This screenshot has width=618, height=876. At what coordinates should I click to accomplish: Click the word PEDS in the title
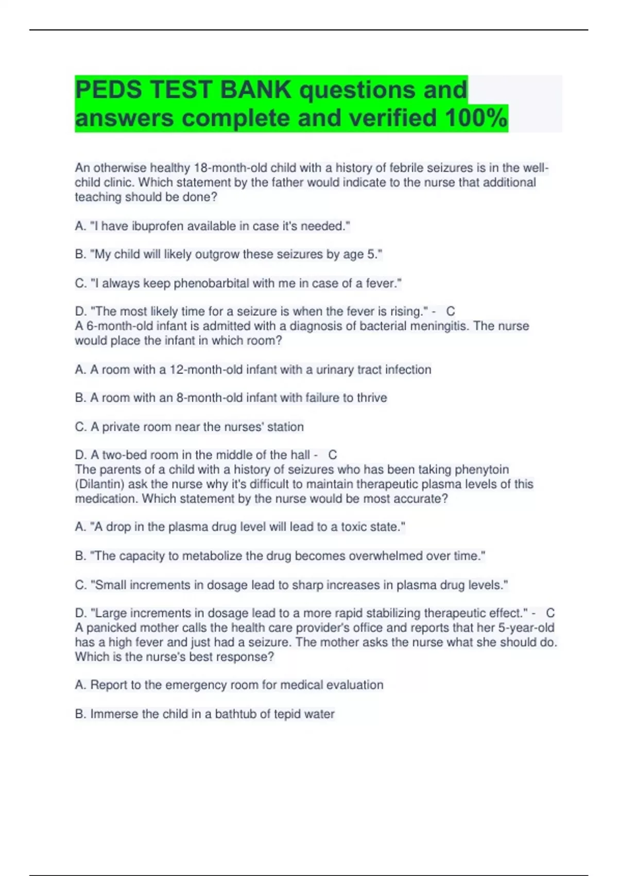click(108, 90)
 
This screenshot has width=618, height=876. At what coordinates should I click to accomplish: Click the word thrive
click(372, 398)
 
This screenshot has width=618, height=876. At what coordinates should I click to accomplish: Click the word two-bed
click(122, 455)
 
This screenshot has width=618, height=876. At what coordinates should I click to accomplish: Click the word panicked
click(109, 628)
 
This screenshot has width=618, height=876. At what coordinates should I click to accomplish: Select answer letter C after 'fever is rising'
click(451, 311)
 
